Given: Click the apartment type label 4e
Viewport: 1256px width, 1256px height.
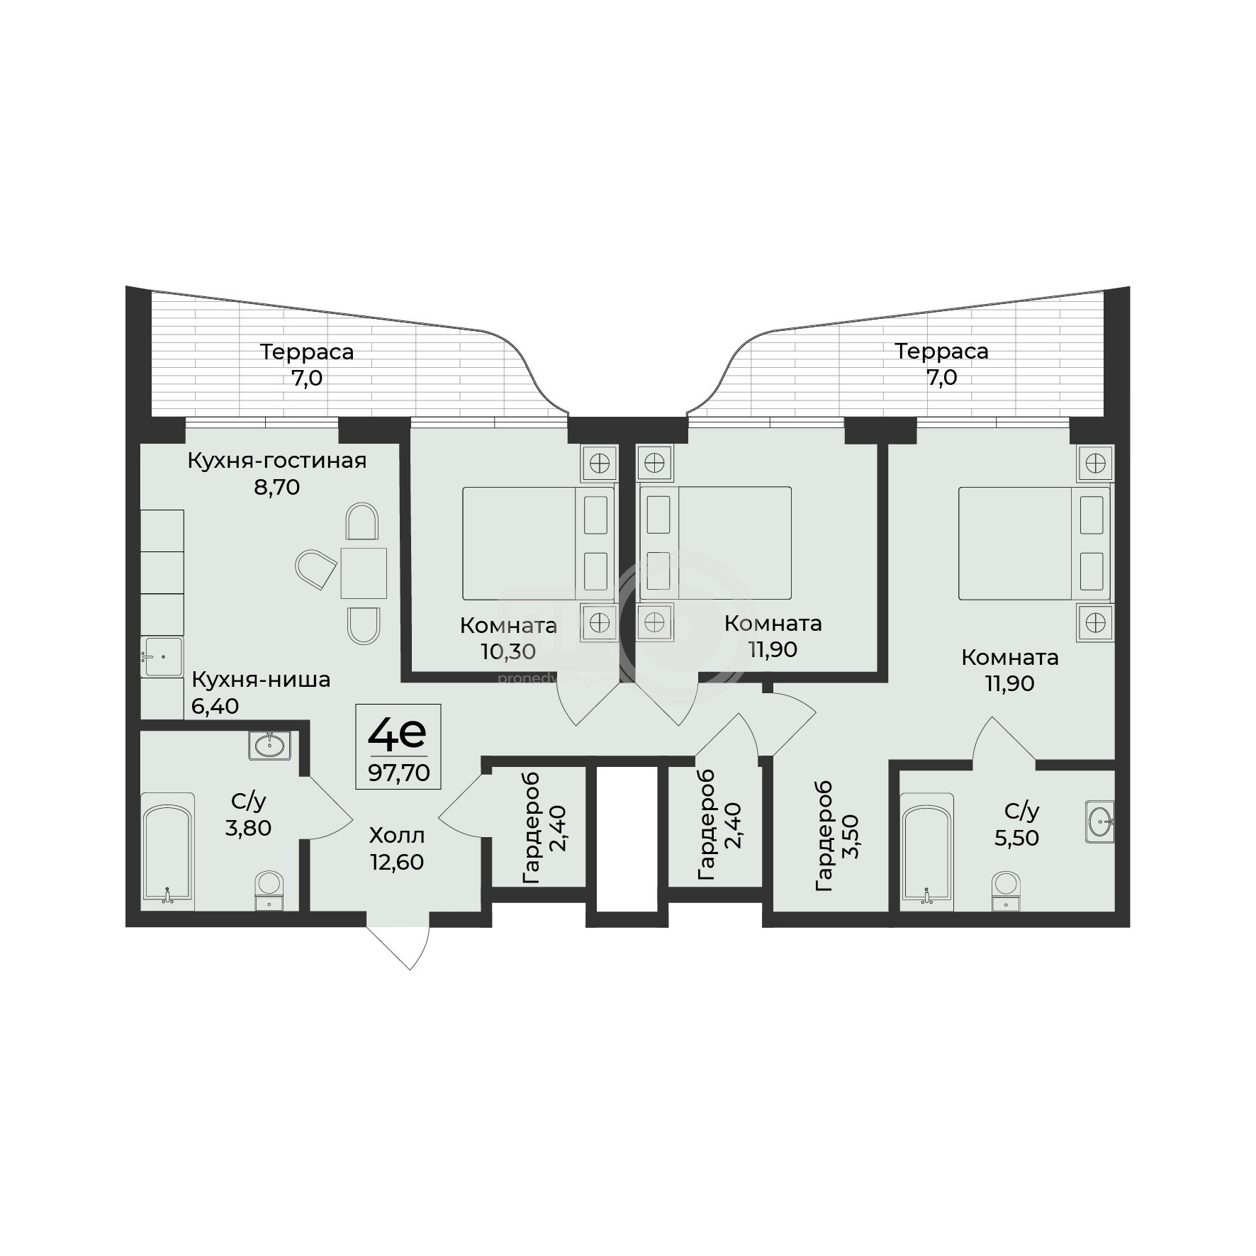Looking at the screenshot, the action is tap(397, 734).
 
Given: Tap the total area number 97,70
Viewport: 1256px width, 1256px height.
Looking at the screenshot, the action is tap(398, 773).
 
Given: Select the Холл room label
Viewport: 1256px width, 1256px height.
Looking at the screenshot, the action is tap(397, 837).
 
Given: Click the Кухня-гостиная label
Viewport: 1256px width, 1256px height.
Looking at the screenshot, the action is tap(277, 461).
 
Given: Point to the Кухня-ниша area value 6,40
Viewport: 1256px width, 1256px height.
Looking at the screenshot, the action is tap(215, 706).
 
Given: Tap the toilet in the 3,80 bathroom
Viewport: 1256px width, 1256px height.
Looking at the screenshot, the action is tap(268, 890).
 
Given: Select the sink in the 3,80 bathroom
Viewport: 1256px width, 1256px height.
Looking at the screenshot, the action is tap(269, 745).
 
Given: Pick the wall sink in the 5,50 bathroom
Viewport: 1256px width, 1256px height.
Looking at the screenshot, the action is tap(1099, 823).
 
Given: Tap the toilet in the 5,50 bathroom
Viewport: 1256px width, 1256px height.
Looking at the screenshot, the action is tap(1005, 890).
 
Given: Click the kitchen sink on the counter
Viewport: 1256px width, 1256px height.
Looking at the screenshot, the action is tap(162, 657).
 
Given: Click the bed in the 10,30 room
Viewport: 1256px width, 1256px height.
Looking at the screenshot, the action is tap(538, 544).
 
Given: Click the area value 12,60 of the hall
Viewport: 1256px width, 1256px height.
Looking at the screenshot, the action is tap(397, 863).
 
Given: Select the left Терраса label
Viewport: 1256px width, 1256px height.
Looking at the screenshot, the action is tap(307, 352).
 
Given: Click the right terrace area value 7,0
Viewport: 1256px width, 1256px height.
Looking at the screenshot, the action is tap(941, 378).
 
